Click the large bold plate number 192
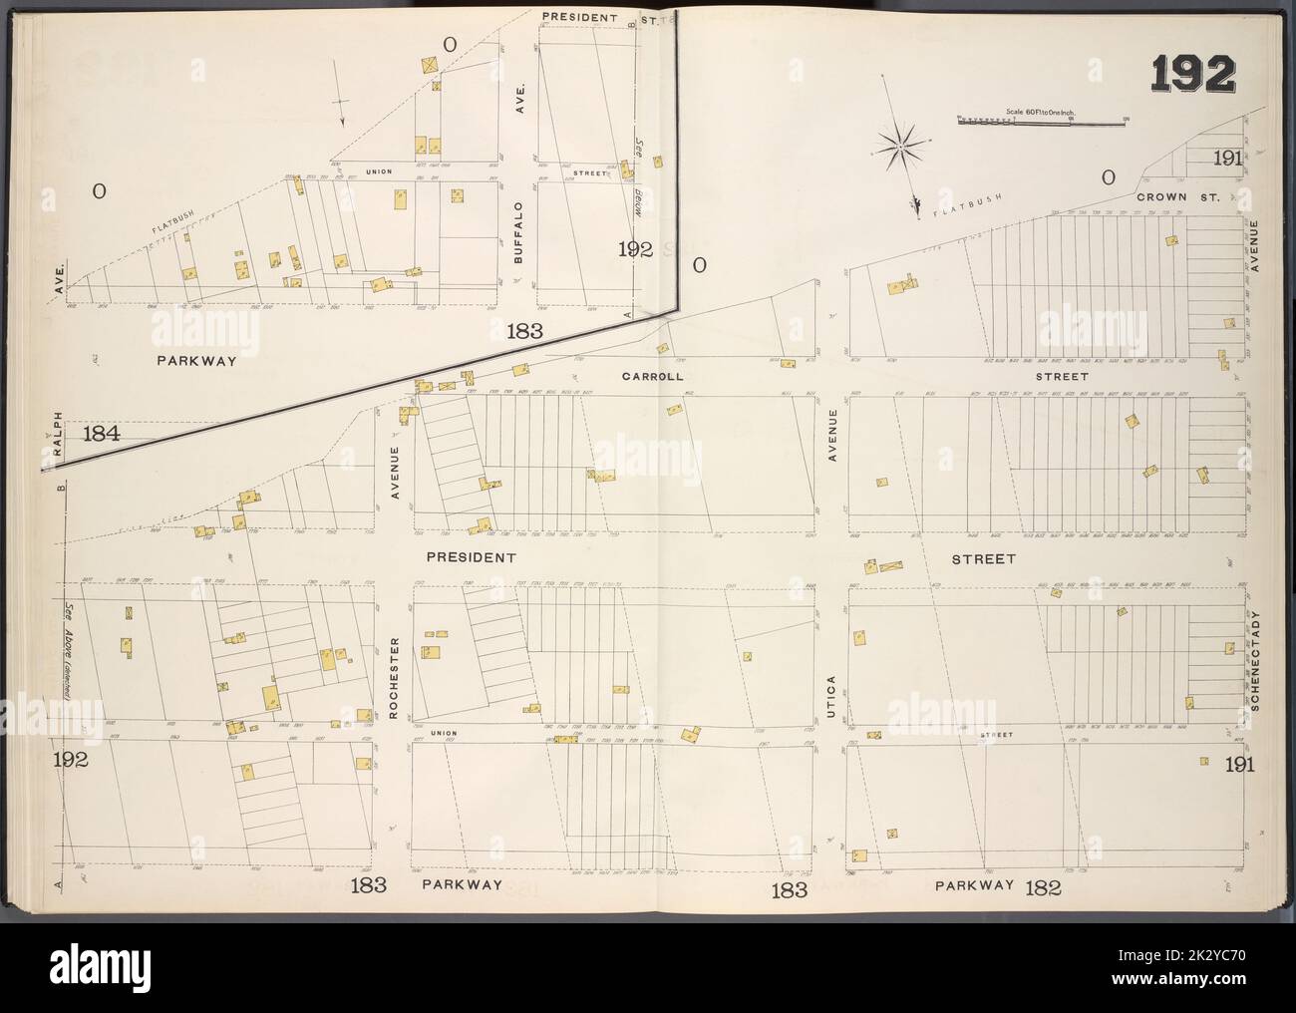coord(1194,74)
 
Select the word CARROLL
coord(651,377)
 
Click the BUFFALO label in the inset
coord(518,231)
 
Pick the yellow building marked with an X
coord(429,66)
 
